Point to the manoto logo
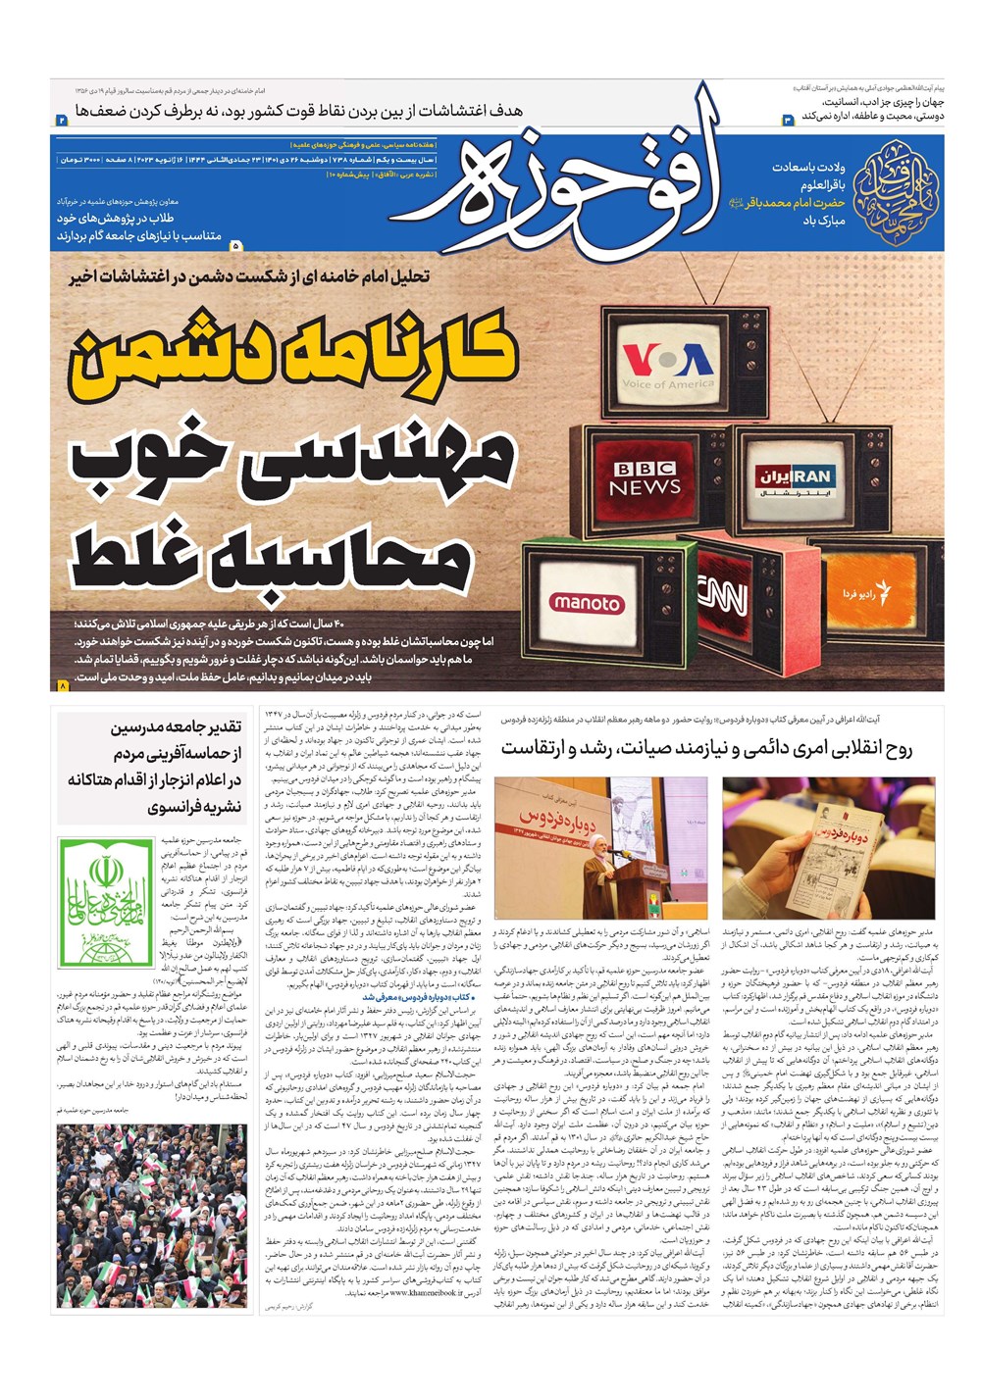pyautogui.click(x=586, y=603)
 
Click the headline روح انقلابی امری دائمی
pyautogui.click(x=706, y=748)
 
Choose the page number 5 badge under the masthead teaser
pyautogui.click(x=236, y=245)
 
